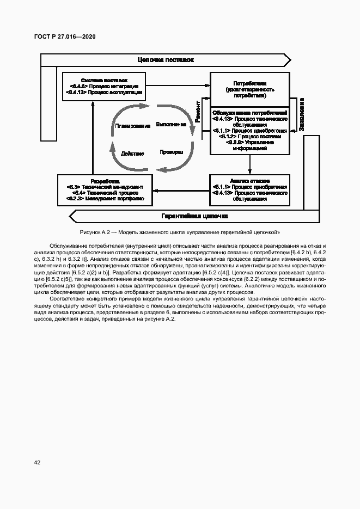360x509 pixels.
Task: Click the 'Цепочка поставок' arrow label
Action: tap(166, 60)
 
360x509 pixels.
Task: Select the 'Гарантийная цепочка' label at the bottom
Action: tap(194, 216)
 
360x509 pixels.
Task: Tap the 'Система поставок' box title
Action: tap(104, 79)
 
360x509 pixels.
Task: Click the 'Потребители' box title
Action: tap(250, 83)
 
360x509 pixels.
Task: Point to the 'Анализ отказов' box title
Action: tap(250, 180)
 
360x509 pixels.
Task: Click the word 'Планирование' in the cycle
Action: tap(132, 126)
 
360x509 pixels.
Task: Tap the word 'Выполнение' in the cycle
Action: tap(171, 124)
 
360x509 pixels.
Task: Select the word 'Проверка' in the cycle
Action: tap(171, 152)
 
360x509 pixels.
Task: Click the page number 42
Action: tap(37, 463)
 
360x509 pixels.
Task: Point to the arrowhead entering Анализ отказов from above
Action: tap(250, 171)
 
